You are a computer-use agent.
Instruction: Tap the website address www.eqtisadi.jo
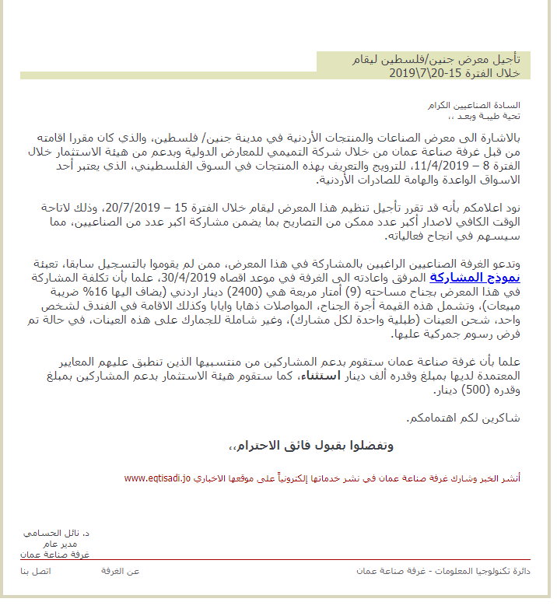156,478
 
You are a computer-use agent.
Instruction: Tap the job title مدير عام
74,544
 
